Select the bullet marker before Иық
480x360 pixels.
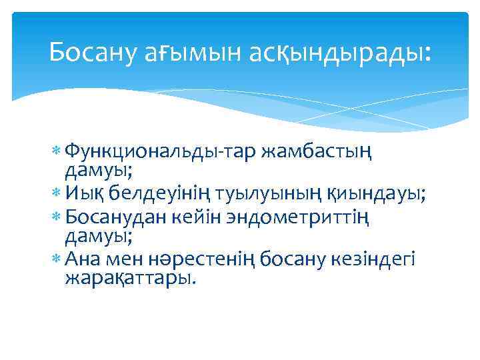(x=57, y=194)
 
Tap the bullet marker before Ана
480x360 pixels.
(x=57, y=257)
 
